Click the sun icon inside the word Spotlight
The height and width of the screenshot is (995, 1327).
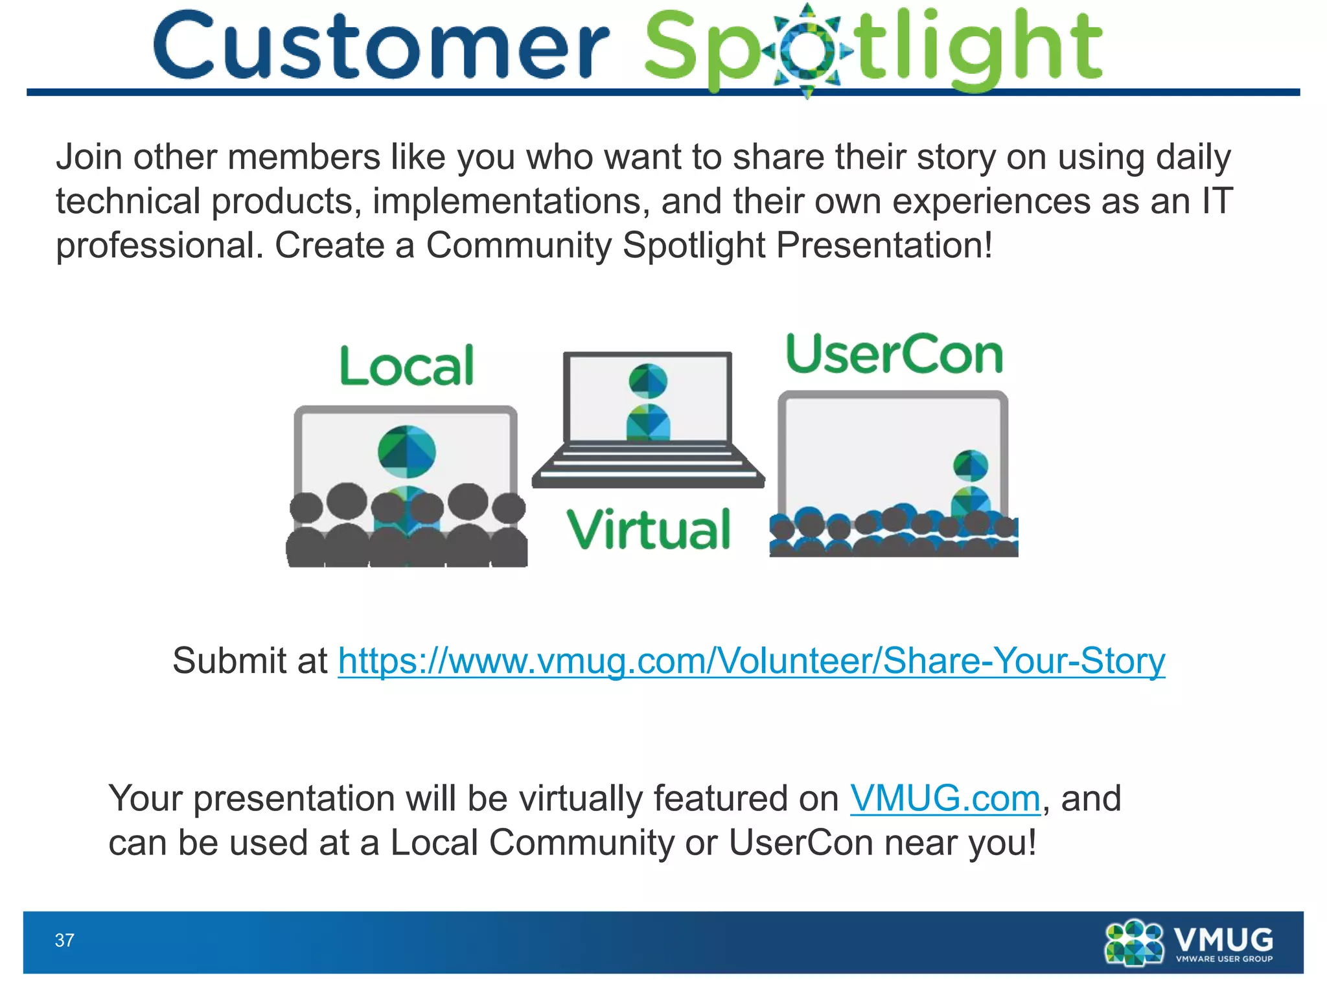coord(807,51)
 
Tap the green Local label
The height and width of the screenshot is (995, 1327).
coord(407,366)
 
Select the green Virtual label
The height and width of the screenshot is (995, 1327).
coord(649,530)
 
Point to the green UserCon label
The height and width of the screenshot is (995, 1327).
coord(894,355)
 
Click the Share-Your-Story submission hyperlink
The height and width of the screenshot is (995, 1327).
coord(752,661)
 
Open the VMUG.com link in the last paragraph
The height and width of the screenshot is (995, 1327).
coord(945,798)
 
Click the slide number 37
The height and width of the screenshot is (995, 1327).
coord(64,941)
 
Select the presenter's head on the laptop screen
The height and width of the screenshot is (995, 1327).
coord(648,380)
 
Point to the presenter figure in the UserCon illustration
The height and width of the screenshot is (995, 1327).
coord(971,483)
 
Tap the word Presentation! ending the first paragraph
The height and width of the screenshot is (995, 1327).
coord(884,246)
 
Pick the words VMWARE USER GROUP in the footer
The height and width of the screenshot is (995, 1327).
coord(1224,959)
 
